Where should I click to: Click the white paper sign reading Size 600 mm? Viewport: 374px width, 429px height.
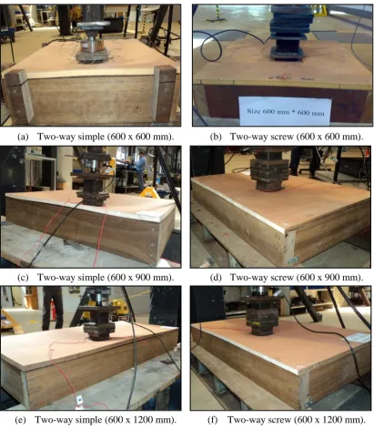tap(285, 111)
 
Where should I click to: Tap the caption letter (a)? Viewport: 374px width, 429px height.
tap(23, 137)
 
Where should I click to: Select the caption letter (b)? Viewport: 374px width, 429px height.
tap(216, 137)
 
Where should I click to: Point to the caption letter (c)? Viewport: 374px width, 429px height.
tap(23, 278)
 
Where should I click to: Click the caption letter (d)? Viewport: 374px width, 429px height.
tap(216, 278)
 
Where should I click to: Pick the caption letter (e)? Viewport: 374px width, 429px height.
tap(20, 420)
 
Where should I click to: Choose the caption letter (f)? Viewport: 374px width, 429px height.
tap(213, 420)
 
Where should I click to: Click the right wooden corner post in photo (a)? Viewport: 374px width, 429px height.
tap(164, 93)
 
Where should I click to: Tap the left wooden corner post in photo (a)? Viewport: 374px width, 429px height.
tap(18, 97)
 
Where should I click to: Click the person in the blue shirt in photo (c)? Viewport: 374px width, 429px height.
tap(140, 170)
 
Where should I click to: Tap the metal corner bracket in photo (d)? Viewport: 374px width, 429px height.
tap(293, 260)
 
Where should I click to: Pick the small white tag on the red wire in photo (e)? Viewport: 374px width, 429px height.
tap(79, 400)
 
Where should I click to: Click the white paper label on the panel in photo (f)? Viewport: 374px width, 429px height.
tap(359, 338)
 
